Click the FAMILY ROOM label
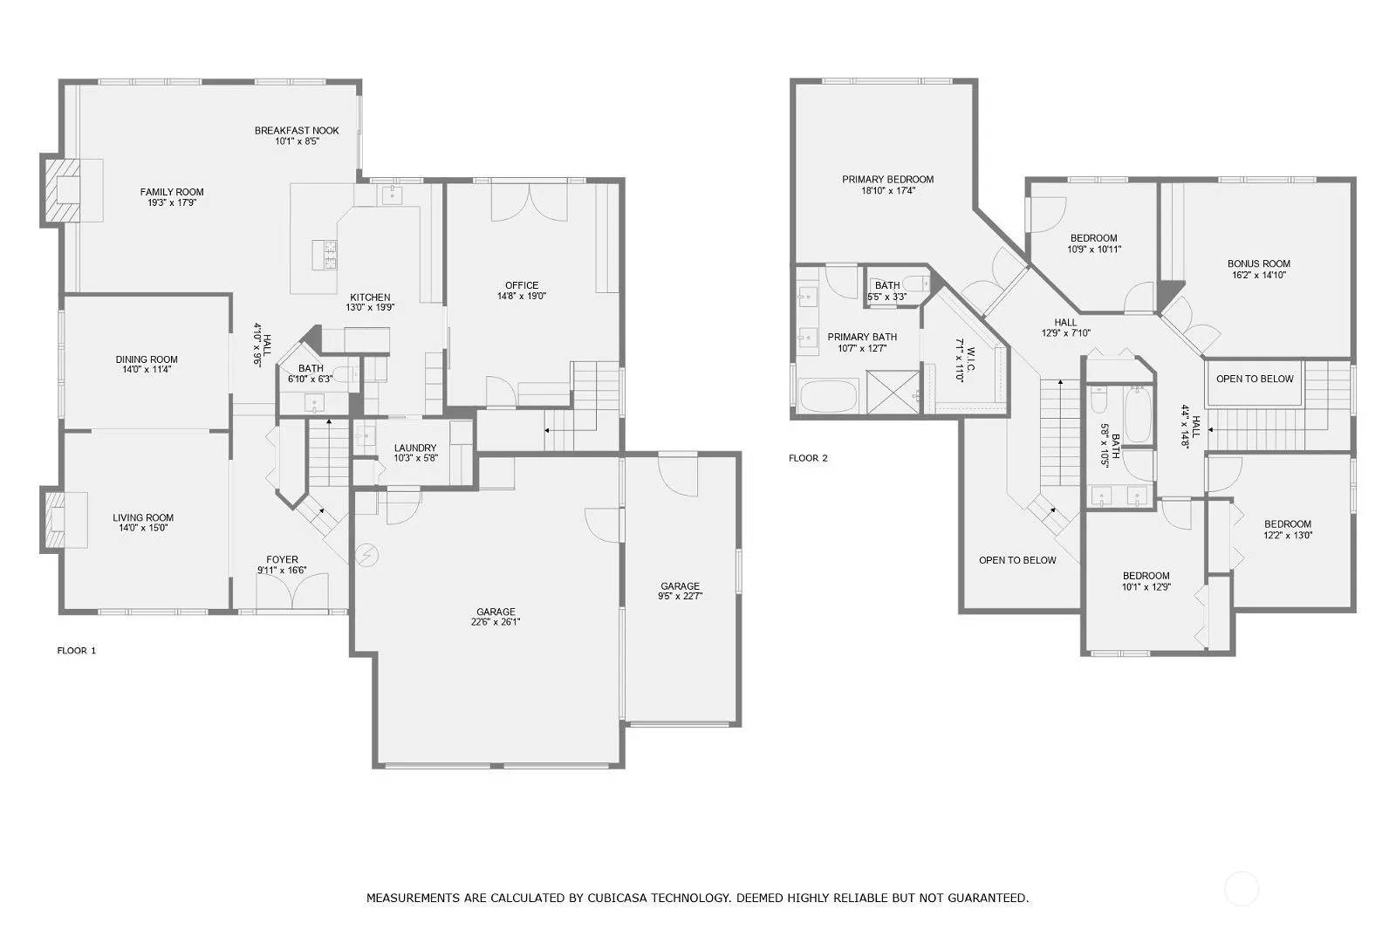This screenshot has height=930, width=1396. click(x=172, y=192)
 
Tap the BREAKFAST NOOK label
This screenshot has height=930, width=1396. click(x=297, y=130)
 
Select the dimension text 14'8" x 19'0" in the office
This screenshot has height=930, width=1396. click(x=522, y=296)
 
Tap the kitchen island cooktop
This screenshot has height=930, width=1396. click(x=325, y=255)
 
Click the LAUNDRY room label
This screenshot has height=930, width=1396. click(x=415, y=448)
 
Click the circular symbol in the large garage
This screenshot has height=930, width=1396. click(x=366, y=554)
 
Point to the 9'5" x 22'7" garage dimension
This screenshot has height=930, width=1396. click(x=680, y=596)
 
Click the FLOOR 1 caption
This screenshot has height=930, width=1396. click(x=77, y=650)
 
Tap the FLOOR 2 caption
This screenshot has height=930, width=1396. click(x=808, y=458)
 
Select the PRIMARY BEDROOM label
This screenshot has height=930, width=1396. click(x=888, y=180)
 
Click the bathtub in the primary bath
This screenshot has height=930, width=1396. click(x=829, y=396)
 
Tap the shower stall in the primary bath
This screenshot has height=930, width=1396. click(x=893, y=392)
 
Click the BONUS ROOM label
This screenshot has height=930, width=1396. click(x=1259, y=263)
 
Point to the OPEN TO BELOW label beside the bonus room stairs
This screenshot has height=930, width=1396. click(x=1255, y=379)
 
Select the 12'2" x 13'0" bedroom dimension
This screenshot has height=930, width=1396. click(x=1288, y=535)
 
